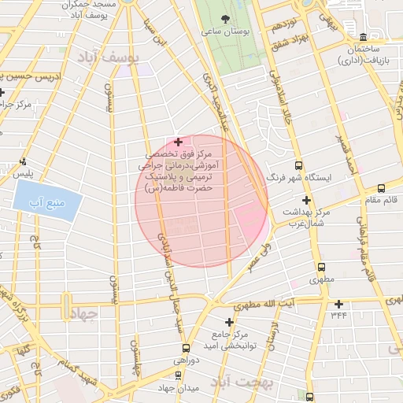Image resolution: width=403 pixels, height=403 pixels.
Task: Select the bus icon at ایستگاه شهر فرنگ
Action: coord(298,165)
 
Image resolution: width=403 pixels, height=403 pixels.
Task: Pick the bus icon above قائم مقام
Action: coord(381,188)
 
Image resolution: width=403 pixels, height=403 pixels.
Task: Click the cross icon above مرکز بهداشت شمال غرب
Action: coord(306,201)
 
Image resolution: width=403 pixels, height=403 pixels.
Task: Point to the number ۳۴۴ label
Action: coord(339,316)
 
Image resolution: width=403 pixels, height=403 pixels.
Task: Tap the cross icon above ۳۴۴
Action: coord(339,304)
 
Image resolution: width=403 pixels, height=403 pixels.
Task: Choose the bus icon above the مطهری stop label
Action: coord(321,267)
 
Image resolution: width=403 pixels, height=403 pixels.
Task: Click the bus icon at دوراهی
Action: coord(187,348)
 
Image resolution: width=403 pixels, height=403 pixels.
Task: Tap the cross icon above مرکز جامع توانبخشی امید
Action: coord(230,322)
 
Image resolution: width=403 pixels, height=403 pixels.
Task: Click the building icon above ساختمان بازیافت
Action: coord(362,37)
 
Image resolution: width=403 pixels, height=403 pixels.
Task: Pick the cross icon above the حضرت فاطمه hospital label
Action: coord(179,142)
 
